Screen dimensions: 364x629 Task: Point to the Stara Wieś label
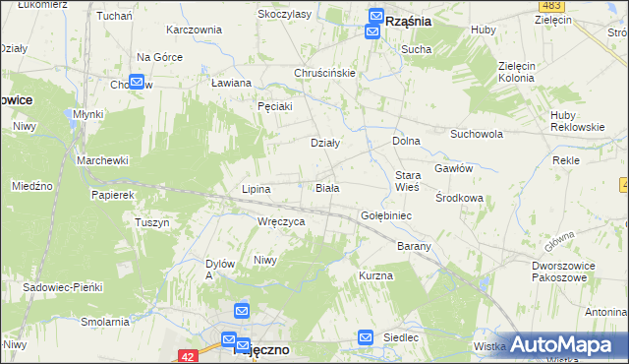pyautogui.click(x=407, y=180)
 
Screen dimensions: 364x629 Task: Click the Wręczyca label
pyautogui.click(x=281, y=222)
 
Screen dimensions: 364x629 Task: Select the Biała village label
pyautogui.click(x=327, y=187)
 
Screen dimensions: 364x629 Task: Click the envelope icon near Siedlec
pyautogui.click(x=366, y=337)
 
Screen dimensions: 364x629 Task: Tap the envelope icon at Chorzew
pyautogui.click(x=136, y=83)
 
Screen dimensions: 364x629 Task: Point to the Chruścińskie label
pyautogui.click(x=324, y=73)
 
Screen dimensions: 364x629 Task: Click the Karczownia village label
pyautogui.click(x=195, y=30)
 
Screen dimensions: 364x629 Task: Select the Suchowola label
pyautogui.click(x=477, y=133)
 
